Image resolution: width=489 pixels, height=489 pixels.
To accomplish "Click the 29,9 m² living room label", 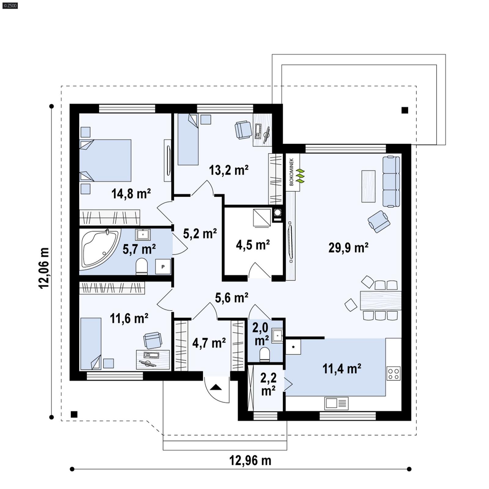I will (x=348, y=248).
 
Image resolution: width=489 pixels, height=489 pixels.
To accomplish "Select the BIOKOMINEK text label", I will (x=292, y=172).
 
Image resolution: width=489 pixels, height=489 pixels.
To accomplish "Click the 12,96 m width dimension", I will (x=250, y=460).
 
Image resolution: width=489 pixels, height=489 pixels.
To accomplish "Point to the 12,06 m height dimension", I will (x=43, y=268).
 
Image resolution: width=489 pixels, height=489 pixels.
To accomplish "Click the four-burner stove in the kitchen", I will (x=393, y=373).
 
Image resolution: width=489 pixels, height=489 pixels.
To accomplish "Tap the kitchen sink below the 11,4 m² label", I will (x=336, y=403).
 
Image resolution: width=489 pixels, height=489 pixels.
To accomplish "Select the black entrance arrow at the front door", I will (x=216, y=388).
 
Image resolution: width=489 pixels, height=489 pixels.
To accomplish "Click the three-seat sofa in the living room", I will (x=391, y=182).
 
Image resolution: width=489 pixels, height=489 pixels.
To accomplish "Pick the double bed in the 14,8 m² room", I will (x=105, y=160).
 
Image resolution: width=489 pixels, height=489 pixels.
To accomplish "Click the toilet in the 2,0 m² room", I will (x=264, y=355).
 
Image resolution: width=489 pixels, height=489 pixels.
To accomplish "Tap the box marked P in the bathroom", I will (x=163, y=267).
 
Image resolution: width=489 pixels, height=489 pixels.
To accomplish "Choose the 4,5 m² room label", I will (x=253, y=245).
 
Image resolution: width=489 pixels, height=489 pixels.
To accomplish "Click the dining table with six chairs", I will (x=381, y=300).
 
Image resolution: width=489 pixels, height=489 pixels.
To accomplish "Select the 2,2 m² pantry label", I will (x=268, y=384).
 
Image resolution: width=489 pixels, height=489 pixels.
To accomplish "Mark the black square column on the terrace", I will (x=405, y=110).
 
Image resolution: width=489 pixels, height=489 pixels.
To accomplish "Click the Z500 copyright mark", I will (x=10, y=5).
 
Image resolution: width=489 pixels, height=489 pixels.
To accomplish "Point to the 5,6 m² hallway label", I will (x=231, y=297).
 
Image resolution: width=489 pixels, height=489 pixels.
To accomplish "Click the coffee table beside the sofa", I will (x=368, y=186).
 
